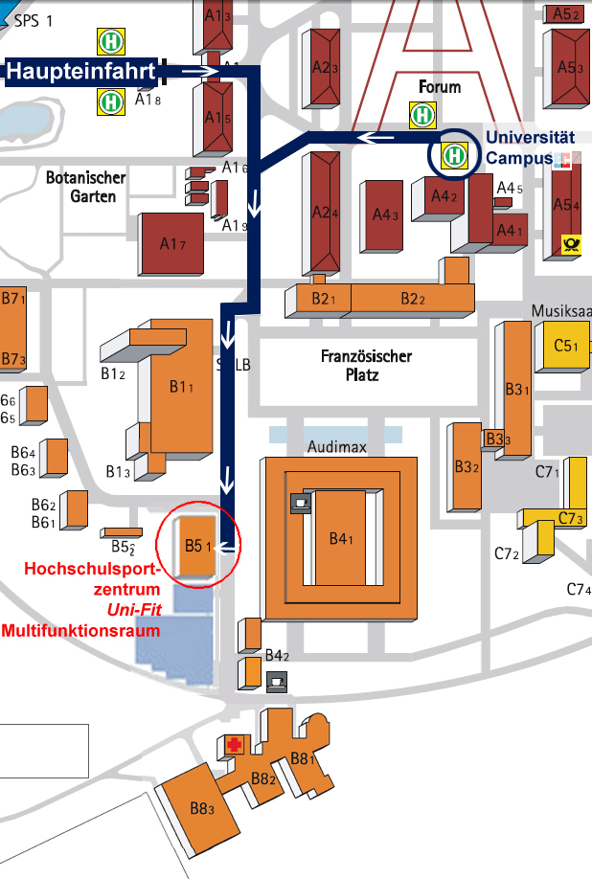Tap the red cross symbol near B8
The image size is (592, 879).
click(x=233, y=745)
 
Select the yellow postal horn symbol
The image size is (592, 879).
click(x=573, y=245)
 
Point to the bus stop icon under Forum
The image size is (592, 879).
click(x=421, y=115)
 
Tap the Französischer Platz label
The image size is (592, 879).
click(x=366, y=366)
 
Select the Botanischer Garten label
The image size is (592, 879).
click(x=85, y=187)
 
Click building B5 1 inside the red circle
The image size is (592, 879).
click(x=192, y=546)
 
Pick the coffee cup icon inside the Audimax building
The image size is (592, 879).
click(x=301, y=502)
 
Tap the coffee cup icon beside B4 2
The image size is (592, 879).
click(x=277, y=682)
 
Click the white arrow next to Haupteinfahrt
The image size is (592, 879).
click(x=199, y=71)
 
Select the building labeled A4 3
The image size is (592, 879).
click(x=384, y=215)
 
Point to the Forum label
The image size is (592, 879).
click(x=440, y=87)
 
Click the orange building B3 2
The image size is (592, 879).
click(x=467, y=467)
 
